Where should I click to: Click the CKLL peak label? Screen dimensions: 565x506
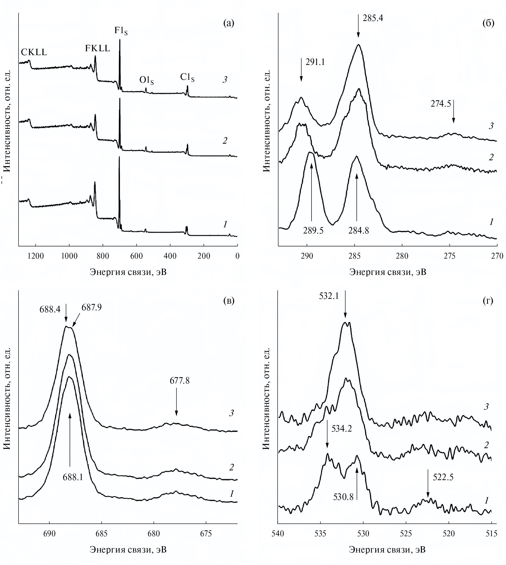34,52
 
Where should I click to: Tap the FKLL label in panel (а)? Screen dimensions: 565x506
97,48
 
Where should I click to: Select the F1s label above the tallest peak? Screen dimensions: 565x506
121,30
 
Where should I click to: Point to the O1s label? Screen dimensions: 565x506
147,80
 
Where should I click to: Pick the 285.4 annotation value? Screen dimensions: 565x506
373,18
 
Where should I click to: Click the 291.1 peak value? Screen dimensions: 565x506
315,62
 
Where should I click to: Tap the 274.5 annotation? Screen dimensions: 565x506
441,104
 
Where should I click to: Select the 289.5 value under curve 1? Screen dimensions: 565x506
313,231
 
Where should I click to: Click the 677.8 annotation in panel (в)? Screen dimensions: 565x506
180,380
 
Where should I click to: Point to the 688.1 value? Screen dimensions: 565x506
73,477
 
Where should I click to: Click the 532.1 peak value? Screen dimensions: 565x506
329,296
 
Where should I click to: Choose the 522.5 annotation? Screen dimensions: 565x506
443,477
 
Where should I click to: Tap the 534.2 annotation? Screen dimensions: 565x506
342,429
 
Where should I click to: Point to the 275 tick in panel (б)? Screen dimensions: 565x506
450,256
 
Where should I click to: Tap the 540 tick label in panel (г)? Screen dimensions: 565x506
278,533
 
